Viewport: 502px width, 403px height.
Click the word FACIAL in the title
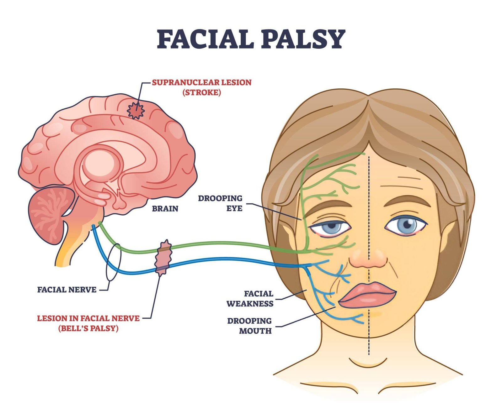pyautogui.click(x=205, y=39)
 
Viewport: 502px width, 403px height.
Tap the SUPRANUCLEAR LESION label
pyautogui.click(x=202, y=83)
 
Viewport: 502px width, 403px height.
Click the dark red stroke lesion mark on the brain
pyautogui.click(x=135, y=110)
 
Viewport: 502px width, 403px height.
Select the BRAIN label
pyautogui.click(x=165, y=208)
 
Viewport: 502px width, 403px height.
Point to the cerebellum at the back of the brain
pyautogui.click(x=50, y=213)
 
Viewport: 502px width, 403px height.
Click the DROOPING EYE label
pyautogui.click(x=220, y=203)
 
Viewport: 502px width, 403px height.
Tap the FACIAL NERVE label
pyautogui.click(x=67, y=290)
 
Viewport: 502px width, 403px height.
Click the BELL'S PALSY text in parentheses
pyautogui.click(x=88, y=329)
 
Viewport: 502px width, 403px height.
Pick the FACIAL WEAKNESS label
pyautogui.click(x=250, y=299)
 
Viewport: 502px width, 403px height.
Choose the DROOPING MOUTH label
pyautogui.click(x=249, y=326)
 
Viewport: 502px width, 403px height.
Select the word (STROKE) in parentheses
pyautogui.click(x=202, y=93)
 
